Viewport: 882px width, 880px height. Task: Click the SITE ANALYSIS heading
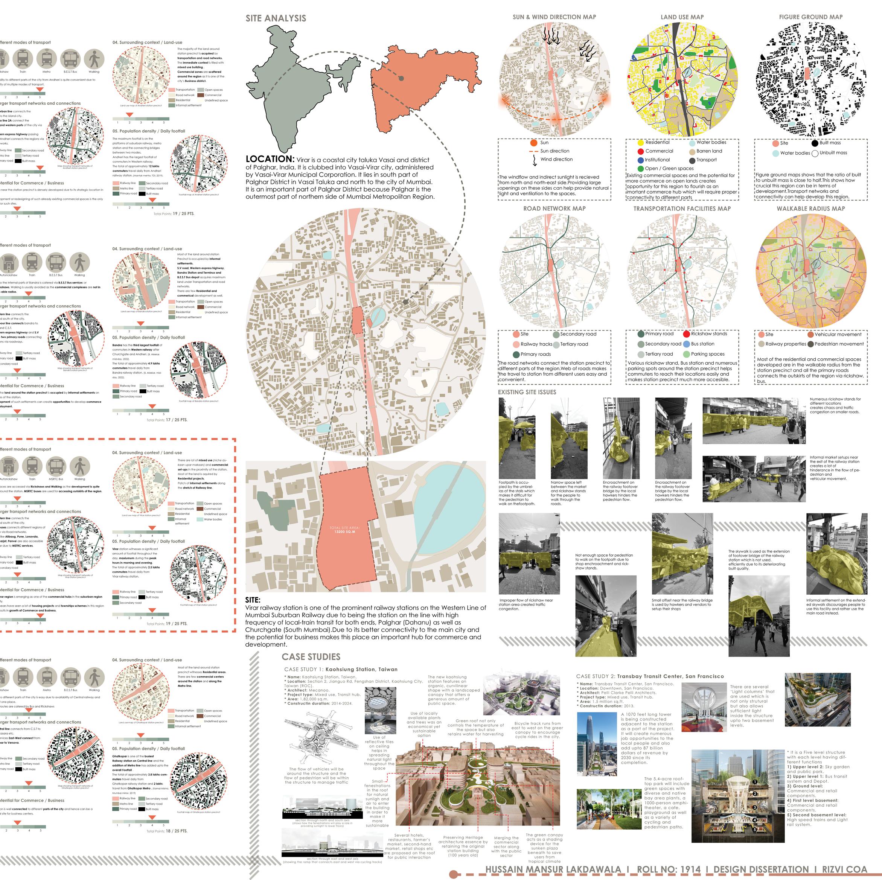pos(276,18)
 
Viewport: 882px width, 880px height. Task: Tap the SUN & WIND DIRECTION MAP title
pos(554,17)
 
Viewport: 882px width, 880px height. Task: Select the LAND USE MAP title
pos(682,17)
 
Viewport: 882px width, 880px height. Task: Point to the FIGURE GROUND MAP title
pos(810,17)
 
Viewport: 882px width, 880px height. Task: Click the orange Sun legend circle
pos(534,143)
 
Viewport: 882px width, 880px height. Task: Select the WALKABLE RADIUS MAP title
pos(811,209)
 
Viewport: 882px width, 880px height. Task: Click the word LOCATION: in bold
pos(270,159)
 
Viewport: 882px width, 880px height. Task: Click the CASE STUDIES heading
pos(311,657)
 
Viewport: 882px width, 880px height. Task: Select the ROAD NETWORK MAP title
pos(554,209)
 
